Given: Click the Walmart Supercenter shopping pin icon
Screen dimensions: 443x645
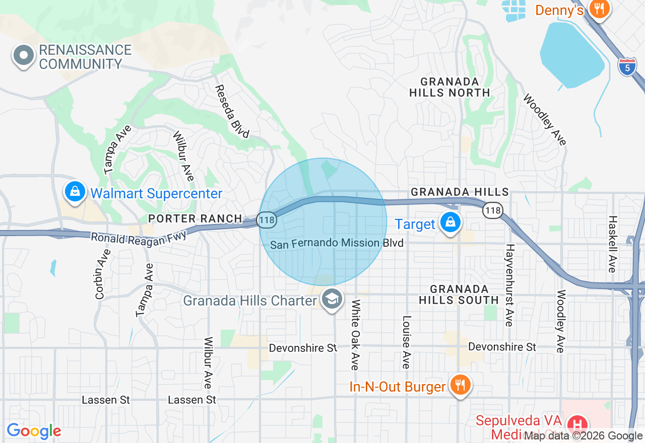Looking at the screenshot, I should (x=75, y=192).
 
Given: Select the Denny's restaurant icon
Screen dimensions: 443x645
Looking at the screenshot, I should (x=599, y=9).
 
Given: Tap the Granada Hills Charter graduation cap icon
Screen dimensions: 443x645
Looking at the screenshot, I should (x=332, y=300).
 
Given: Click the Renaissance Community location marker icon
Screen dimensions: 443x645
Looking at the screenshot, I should (x=24, y=56).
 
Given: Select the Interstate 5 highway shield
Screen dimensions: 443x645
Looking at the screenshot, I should (x=627, y=66).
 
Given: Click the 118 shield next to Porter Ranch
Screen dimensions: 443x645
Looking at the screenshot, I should (x=266, y=219).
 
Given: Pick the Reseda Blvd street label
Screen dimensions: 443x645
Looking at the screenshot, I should (x=232, y=111).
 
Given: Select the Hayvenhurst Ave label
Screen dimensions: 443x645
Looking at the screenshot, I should (x=510, y=284).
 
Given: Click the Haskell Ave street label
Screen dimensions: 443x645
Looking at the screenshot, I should (x=612, y=244).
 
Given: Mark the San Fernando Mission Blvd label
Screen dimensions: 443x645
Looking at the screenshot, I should (x=337, y=244).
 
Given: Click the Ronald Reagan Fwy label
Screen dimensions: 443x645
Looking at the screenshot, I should (x=139, y=237).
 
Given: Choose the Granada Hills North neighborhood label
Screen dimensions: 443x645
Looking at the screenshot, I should (x=449, y=87).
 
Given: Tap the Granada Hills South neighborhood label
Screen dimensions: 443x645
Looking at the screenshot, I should (x=459, y=294).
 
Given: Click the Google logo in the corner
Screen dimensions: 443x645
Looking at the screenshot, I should (x=34, y=431).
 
